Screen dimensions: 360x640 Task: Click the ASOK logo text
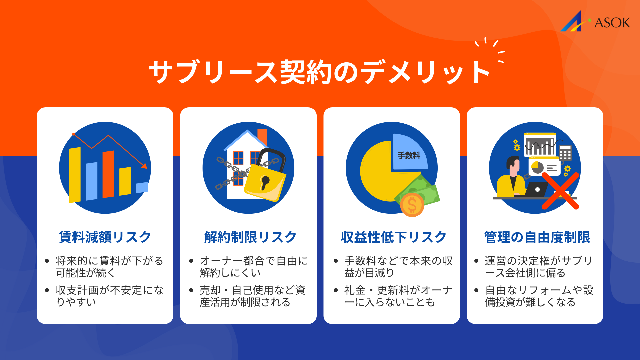612,23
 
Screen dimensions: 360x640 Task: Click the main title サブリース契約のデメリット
319,72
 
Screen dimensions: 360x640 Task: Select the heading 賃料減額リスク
105,237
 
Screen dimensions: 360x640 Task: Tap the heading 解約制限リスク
250,237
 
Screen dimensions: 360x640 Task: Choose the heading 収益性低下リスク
394,237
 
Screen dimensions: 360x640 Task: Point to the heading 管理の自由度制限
537,237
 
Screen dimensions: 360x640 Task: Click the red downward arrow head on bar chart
144,165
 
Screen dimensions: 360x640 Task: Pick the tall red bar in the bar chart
108,174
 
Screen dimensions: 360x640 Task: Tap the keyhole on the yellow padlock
265,182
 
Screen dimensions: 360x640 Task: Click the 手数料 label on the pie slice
409,155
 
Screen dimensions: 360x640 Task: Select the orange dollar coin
412,205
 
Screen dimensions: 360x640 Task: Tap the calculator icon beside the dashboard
565,153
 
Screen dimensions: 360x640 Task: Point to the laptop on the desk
536,189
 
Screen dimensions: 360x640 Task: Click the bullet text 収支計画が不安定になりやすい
109,296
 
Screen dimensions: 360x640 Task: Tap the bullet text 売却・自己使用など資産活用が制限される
252,296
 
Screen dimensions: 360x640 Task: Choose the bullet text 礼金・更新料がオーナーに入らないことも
398,296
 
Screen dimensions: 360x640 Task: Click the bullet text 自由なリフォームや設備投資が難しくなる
539,296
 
